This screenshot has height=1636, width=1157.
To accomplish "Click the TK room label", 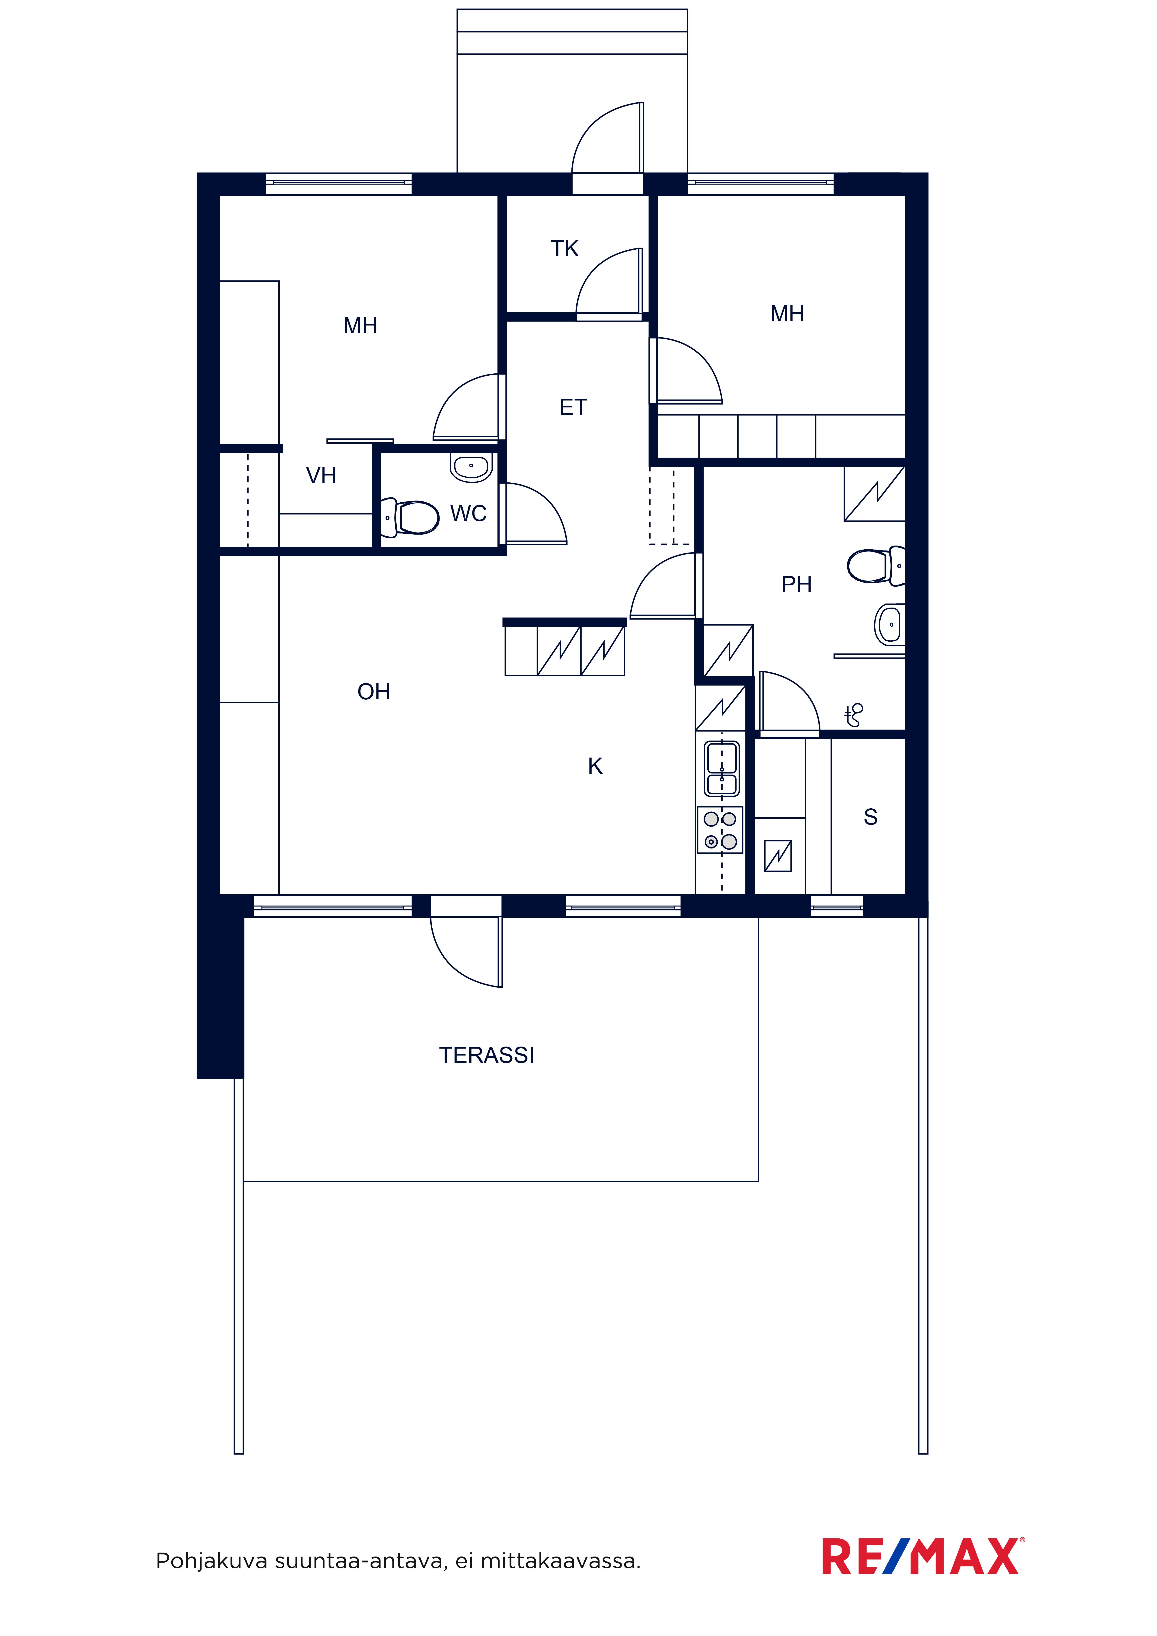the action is point(565,249).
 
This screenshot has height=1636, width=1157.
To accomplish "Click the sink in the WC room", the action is point(471,468).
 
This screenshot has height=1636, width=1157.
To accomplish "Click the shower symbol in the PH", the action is point(853,715).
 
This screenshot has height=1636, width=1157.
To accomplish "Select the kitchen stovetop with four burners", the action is point(720,829).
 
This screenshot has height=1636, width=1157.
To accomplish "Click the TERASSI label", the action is point(486,1055).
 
